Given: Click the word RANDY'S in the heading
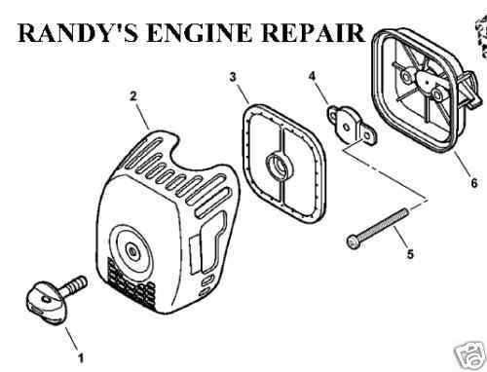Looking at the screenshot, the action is pyautogui.click(x=77, y=32).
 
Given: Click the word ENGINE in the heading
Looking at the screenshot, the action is pyautogui.click(x=200, y=32).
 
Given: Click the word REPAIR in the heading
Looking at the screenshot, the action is pyautogui.click(x=314, y=32).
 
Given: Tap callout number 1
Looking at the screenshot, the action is pyautogui.click(x=81, y=358).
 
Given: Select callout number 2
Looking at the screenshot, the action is pyautogui.click(x=133, y=96).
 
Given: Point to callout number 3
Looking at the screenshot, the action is pyautogui.click(x=233, y=78).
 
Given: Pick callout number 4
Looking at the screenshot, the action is pyautogui.click(x=312, y=77).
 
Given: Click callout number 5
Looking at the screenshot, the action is pyautogui.click(x=410, y=254).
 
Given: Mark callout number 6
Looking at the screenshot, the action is pyautogui.click(x=474, y=183).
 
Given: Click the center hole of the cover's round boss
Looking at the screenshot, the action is pyautogui.click(x=132, y=251).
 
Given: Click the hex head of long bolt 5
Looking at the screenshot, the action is pyautogui.click(x=353, y=242).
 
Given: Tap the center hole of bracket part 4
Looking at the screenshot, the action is pyautogui.click(x=347, y=127).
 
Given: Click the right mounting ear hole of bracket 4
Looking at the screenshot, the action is pyautogui.click(x=367, y=136).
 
